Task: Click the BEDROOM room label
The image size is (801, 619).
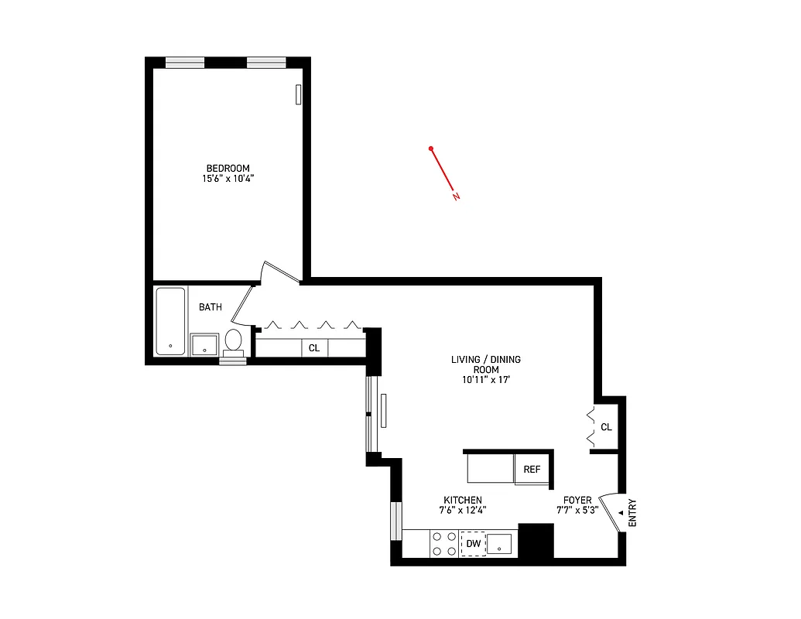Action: click(x=228, y=169)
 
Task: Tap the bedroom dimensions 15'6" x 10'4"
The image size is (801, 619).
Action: click(x=228, y=179)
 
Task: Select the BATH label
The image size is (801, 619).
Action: click(x=211, y=307)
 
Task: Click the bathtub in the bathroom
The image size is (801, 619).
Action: click(x=170, y=321)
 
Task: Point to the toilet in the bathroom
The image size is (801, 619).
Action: click(x=234, y=340)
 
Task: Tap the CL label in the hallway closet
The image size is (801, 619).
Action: click(x=314, y=348)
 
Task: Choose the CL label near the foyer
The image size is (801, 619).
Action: click(x=606, y=427)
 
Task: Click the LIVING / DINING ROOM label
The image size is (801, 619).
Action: click(x=486, y=364)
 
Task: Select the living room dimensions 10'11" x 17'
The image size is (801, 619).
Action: click(x=486, y=380)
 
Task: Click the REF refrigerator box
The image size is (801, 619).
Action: click(x=532, y=470)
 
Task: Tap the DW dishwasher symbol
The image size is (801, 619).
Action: click(x=473, y=545)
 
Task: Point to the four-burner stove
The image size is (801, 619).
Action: click(x=444, y=543)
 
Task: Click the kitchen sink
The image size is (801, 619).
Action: click(x=501, y=544)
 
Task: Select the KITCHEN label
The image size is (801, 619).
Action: click(x=463, y=500)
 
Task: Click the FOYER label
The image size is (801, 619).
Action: click(x=577, y=500)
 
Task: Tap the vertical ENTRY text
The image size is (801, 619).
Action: click(x=632, y=512)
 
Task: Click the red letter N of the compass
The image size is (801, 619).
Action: click(x=457, y=197)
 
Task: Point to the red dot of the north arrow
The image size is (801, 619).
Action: click(x=431, y=149)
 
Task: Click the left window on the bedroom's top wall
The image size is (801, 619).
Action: click(x=185, y=63)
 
